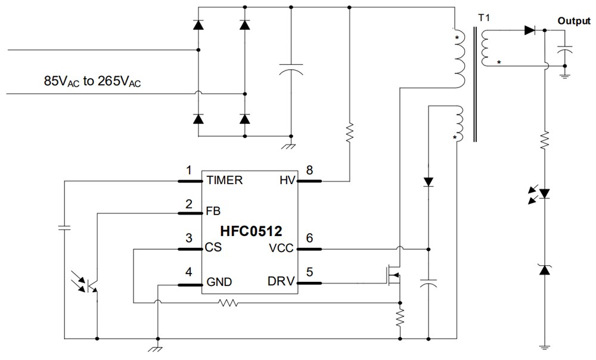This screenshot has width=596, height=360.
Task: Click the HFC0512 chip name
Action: (x=251, y=229)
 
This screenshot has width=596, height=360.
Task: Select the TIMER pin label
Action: (x=224, y=180)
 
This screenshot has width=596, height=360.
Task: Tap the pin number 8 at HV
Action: (x=309, y=170)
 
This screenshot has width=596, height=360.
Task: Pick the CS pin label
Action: (x=214, y=247)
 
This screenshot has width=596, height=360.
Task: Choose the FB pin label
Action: (x=213, y=210)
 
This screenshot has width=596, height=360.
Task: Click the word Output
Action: (x=573, y=20)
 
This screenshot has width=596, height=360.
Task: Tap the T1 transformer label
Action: (x=484, y=19)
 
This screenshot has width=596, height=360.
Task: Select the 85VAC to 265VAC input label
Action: (x=92, y=82)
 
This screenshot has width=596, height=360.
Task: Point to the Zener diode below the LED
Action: (x=544, y=269)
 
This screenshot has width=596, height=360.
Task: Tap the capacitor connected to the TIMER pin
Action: (x=64, y=227)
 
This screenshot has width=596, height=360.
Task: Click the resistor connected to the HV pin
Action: (x=350, y=130)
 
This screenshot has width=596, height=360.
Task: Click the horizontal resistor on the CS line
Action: (x=229, y=303)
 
